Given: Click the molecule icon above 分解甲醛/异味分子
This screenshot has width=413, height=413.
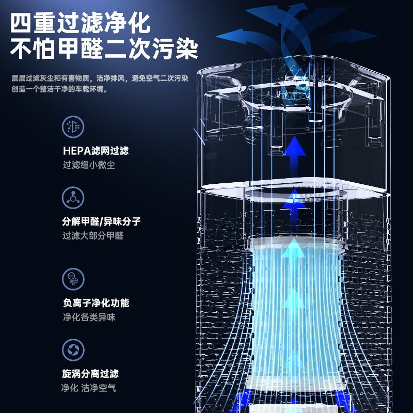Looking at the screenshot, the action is click(x=73, y=198).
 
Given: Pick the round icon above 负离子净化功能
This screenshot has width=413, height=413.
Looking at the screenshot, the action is click(x=73, y=279).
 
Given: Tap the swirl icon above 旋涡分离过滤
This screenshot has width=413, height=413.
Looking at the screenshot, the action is click(x=73, y=350).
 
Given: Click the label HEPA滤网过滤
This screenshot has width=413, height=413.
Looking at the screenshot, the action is click(x=95, y=151).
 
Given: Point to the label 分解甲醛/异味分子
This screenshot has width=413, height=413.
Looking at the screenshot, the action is click(x=101, y=221).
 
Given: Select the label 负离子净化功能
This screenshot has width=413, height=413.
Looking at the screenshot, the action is click(x=95, y=303).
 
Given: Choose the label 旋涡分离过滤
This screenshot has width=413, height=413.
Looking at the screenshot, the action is click(x=90, y=373).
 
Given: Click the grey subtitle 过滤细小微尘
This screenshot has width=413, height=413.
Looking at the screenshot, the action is click(x=89, y=165).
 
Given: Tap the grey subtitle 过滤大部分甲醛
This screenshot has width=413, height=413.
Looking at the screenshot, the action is click(x=93, y=236).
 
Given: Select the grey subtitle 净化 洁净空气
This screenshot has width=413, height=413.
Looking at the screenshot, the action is click(x=89, y=388).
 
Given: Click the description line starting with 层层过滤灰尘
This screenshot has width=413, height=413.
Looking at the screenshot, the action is click(x=100, y=78).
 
